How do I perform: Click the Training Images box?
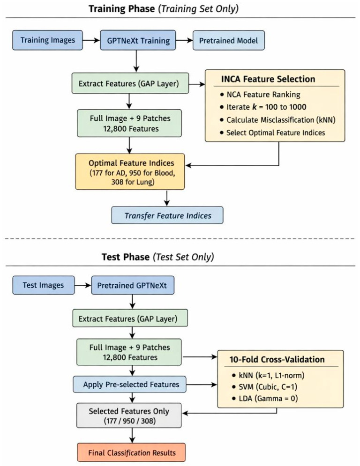48,40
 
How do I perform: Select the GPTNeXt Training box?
138,40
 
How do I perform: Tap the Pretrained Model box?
228,40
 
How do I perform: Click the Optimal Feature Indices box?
130,172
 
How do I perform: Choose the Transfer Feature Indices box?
167,215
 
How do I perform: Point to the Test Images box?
44,285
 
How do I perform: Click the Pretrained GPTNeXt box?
133,285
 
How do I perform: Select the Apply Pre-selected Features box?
130,384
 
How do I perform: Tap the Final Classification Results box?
132,452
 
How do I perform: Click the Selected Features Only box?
129,415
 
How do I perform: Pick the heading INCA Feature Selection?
268,79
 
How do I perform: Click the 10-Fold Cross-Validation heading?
277,359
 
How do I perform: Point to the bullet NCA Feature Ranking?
260,95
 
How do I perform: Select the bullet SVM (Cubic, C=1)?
264,387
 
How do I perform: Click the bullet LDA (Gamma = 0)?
265,398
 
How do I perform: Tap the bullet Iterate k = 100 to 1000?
263,107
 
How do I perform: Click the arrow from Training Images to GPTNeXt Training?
91,40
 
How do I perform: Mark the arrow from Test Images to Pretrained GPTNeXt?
82,285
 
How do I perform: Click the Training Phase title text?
163,8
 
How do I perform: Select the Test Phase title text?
157,257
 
